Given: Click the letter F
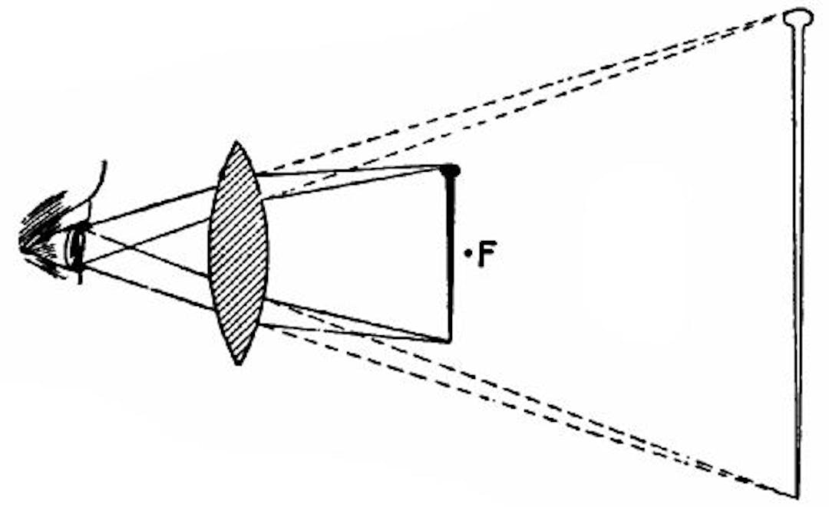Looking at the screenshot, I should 486,255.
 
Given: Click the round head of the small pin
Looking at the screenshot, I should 450,170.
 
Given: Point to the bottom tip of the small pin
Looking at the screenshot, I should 449,340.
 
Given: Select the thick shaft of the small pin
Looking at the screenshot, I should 450,253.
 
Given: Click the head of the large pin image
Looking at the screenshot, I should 798,16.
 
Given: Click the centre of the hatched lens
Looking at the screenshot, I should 239,253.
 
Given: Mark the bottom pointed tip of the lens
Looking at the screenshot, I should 239,362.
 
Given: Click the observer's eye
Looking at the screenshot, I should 77,245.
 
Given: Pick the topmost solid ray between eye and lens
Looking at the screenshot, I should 154,205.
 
